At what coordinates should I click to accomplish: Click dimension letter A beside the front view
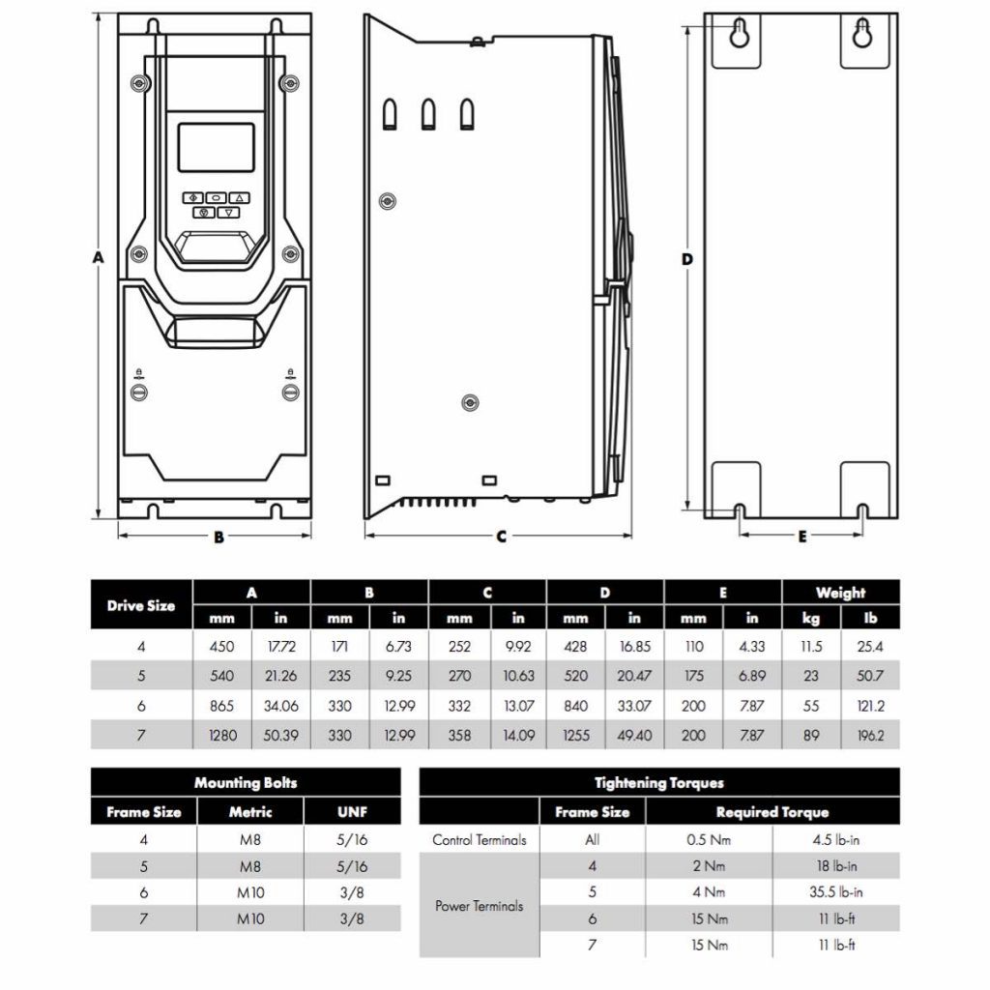pos(97,257)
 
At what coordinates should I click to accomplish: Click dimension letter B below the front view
pos(218,537)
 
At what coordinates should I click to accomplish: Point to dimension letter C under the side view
pos(501,537)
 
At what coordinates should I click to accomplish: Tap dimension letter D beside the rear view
pos(687,259)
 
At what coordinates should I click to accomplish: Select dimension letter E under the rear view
pos(801,537)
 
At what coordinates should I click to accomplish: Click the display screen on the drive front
pos(216,147)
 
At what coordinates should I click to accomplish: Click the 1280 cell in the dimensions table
pos(222,735)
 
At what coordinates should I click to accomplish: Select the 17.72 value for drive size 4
pos(281,646)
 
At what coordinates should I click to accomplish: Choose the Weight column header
pos(840,593)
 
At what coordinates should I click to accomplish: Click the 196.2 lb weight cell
pos(870,735)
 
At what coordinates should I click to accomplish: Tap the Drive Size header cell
pos(141,605)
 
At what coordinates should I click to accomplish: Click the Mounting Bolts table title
pos(246,782)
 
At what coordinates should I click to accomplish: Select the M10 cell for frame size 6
pos(250,892)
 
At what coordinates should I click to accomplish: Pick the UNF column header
pos(352,812)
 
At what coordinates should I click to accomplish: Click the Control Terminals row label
pos(480,839)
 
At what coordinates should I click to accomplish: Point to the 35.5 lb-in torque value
pos(836,891)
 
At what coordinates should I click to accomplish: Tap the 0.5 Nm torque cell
pos(709,839)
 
